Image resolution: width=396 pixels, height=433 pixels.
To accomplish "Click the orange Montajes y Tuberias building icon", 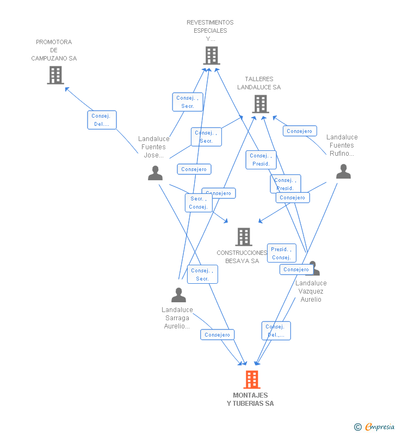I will coord(251,379).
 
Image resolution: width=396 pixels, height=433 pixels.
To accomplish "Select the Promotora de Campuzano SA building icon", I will coord(55,75).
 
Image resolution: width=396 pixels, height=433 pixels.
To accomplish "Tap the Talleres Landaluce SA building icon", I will coord(261,104).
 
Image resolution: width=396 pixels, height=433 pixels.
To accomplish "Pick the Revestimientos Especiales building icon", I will coord(211,55).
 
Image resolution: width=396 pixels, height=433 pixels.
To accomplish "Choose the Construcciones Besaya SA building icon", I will coord(244,236).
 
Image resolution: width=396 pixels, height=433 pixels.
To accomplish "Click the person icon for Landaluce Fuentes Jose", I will coord(156,173).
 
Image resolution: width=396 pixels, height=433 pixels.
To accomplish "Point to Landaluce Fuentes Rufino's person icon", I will coord(343,172).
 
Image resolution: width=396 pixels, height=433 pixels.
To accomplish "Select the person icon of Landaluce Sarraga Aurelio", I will coord(178,295).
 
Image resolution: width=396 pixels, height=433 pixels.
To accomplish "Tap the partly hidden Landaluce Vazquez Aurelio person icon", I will coord(314,267).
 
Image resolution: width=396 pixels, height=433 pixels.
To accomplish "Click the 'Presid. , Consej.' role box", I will coord(281,253).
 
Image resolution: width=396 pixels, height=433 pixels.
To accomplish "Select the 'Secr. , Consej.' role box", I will coord(199,203).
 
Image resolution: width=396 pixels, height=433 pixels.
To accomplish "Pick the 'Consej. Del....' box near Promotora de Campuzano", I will coord(102,120).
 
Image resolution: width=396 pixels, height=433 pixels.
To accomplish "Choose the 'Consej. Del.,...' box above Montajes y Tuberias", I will coord(276,331).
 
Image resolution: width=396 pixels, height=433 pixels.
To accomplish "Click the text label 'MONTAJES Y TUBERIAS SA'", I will coord(250,399).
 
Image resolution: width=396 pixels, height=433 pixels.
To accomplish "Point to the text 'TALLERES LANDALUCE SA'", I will coord(259,83).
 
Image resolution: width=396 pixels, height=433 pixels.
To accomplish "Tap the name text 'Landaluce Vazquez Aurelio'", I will coord(311,291).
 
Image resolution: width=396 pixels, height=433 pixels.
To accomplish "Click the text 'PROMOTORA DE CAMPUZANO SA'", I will coord(54,50).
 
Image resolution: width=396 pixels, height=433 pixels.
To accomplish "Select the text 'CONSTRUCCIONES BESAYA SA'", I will coord(242,257).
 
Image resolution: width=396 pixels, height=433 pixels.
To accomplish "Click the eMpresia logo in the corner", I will coord(379,427).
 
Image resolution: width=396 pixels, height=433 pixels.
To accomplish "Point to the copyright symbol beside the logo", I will coord(357,427).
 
